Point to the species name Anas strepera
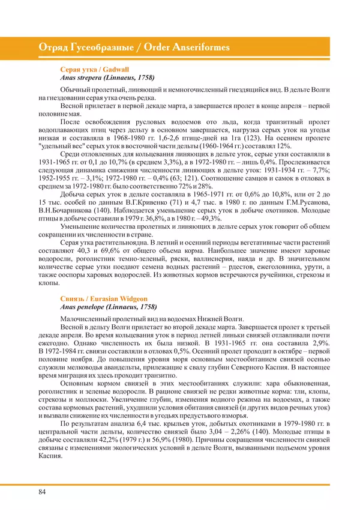80,77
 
